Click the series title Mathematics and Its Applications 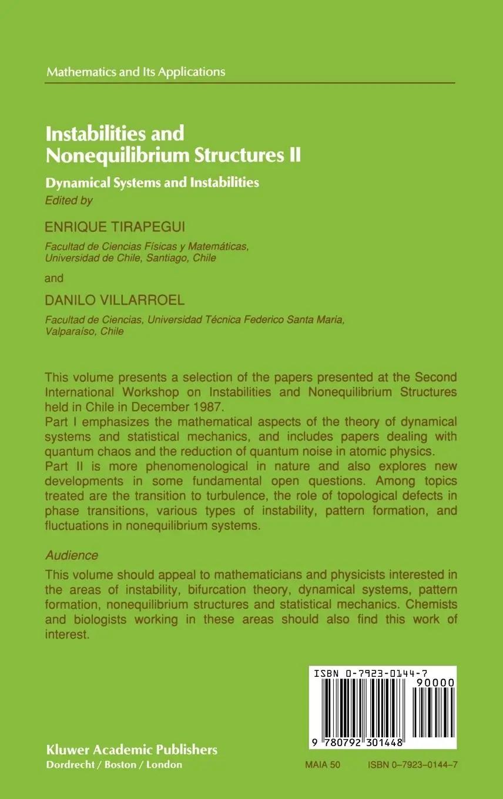coord(136,72)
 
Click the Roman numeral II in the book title coord(293,155)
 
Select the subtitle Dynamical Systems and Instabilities coord(153,182)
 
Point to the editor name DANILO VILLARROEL coord(115,300)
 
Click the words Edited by coord(69,201)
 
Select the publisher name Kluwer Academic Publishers coord(132,750)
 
